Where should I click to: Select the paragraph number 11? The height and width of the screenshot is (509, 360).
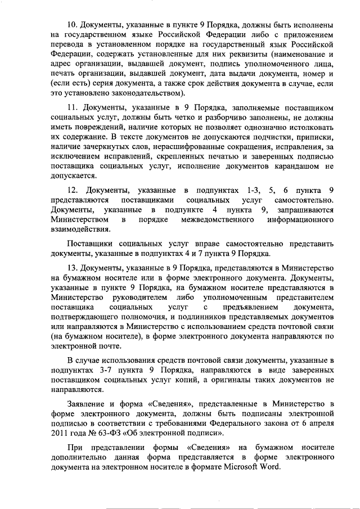tap(72, 107)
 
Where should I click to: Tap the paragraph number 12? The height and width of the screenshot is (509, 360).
tap(72, 188)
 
